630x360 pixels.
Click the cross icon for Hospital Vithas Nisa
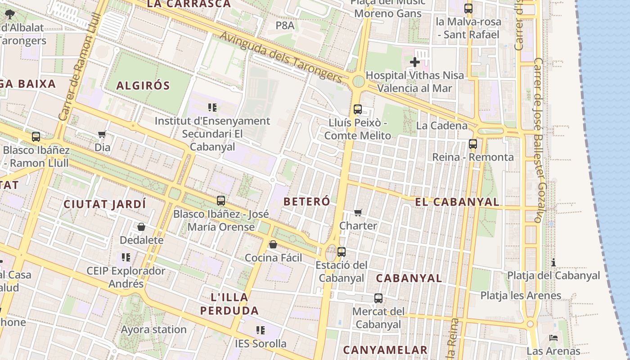tap(415, 62)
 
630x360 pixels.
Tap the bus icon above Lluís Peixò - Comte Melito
tap(358, 109)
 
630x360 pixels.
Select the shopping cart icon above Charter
tap(358, 212)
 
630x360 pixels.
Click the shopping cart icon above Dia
tap(102, 134)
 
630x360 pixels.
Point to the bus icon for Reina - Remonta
tap(472, 144)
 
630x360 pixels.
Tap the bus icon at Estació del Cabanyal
tap(342, 252)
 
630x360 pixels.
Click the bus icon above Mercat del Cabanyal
tap(378, 298)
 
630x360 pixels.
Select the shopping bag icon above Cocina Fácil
tap(273, 244)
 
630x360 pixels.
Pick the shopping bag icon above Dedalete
tap(141, 227)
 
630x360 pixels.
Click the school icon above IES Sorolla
tap(260, 330)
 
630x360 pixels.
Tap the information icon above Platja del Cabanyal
tap(553, 262)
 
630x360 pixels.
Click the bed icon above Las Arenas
tap(553, 337)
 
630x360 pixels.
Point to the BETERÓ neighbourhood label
tap(307, 202)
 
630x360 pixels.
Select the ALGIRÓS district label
tap(143, 85)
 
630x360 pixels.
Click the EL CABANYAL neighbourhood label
tap(457, 202)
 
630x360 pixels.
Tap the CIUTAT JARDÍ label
tap(105, 204)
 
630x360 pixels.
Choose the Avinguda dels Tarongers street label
tap(282, 58)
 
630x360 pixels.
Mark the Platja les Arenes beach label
tap(521, 296)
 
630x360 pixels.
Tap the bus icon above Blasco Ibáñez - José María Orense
tap(220, 201)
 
